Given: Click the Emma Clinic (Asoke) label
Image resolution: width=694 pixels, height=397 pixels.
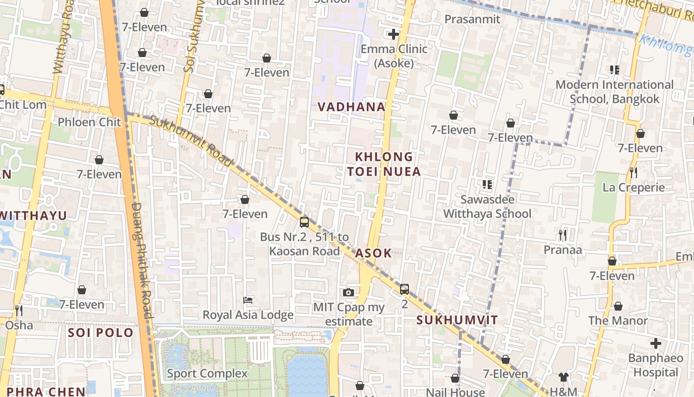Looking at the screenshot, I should pos(394,56).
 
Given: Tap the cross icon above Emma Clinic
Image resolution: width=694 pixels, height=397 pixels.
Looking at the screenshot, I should pos(394,34).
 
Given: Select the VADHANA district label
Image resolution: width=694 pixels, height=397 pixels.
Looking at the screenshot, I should pos(351,107).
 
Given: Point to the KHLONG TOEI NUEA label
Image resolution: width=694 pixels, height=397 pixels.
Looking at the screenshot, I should pos(384,164).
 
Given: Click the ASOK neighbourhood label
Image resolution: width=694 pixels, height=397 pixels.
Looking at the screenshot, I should pos(373,253).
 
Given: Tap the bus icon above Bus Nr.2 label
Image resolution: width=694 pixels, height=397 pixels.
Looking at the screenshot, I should pos(304,222).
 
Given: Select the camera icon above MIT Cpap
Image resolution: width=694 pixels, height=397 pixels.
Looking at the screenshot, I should pos(348,292).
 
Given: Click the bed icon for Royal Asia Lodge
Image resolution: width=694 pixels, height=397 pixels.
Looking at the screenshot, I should pos(248,300).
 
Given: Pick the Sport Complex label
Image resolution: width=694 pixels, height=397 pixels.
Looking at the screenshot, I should pos(207,373).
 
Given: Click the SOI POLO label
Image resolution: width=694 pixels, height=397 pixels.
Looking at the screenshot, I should pos(101,332).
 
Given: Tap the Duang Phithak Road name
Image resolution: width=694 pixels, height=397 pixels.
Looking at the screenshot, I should pos(142,261).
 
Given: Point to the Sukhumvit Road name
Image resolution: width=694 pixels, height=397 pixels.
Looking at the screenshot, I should pos(191,141).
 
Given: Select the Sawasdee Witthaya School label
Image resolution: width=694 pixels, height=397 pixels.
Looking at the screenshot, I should pos(487,206).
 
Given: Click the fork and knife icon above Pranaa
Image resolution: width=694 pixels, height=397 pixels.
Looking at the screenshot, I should pos(562,234).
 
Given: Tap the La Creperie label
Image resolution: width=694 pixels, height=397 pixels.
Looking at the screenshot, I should pos(634,188).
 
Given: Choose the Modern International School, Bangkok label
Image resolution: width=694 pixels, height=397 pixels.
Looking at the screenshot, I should pos(615,92).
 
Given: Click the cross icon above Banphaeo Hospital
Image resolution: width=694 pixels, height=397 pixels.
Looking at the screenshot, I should pos(656,343).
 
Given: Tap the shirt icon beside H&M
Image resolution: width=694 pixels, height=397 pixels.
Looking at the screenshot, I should pos(563,377).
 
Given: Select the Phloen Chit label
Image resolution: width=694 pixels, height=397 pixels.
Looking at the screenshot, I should pos(89,122).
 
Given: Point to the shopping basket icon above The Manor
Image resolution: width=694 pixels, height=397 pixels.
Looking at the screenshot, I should pos(618,306).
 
